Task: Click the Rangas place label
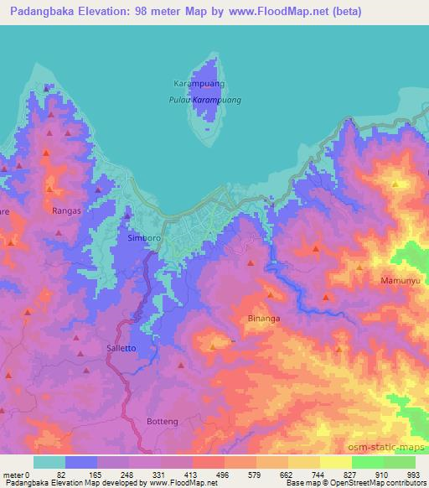pos(66,210)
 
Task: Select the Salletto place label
pos(121,347)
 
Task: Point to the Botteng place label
pos(163,421)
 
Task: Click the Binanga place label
pos(264,319)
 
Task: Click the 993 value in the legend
pos(414,474)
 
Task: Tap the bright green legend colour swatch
pos(367,462)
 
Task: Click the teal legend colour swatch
pos(49,462)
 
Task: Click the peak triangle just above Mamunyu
pos(359,267)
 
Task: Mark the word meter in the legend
pos(14,474)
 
